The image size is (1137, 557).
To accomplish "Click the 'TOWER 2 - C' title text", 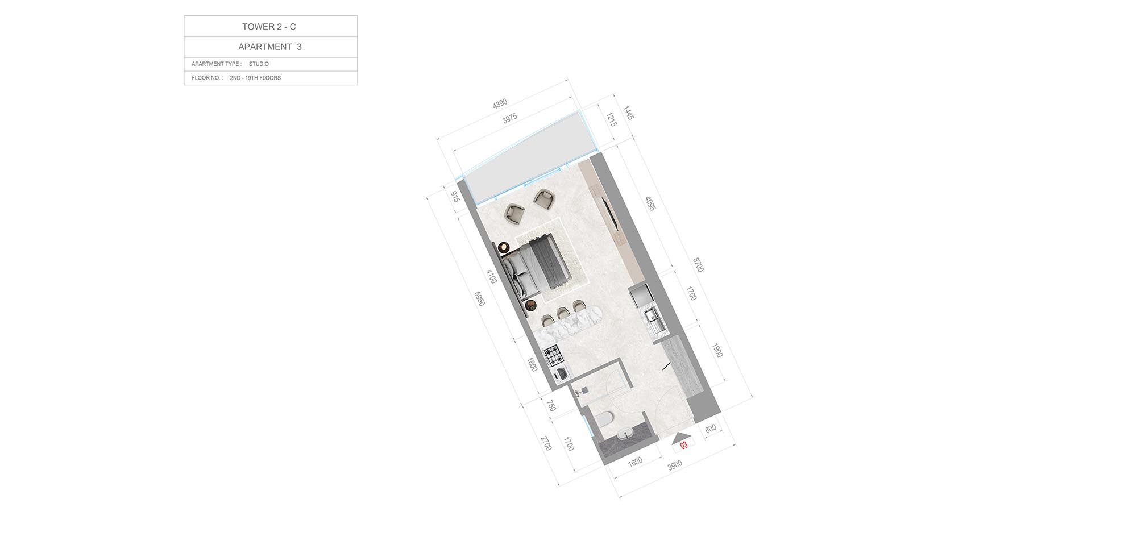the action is [x=269, y=27].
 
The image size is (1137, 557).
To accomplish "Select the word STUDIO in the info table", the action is [x=259, y=64].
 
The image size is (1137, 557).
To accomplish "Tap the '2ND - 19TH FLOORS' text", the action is [x=255, y=78].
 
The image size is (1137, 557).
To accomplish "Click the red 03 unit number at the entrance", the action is [x=684, y=446].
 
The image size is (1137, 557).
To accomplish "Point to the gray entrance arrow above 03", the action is [x=681, y=438].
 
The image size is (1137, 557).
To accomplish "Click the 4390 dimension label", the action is [x=500, y=104].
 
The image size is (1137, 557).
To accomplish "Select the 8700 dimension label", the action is [x=698, y=265].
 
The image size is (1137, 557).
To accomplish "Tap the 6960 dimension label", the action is [x=480, y=299].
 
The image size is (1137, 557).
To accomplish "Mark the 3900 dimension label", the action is [x=674, y=465].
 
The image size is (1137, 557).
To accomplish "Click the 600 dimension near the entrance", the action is [x=711, y=429].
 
